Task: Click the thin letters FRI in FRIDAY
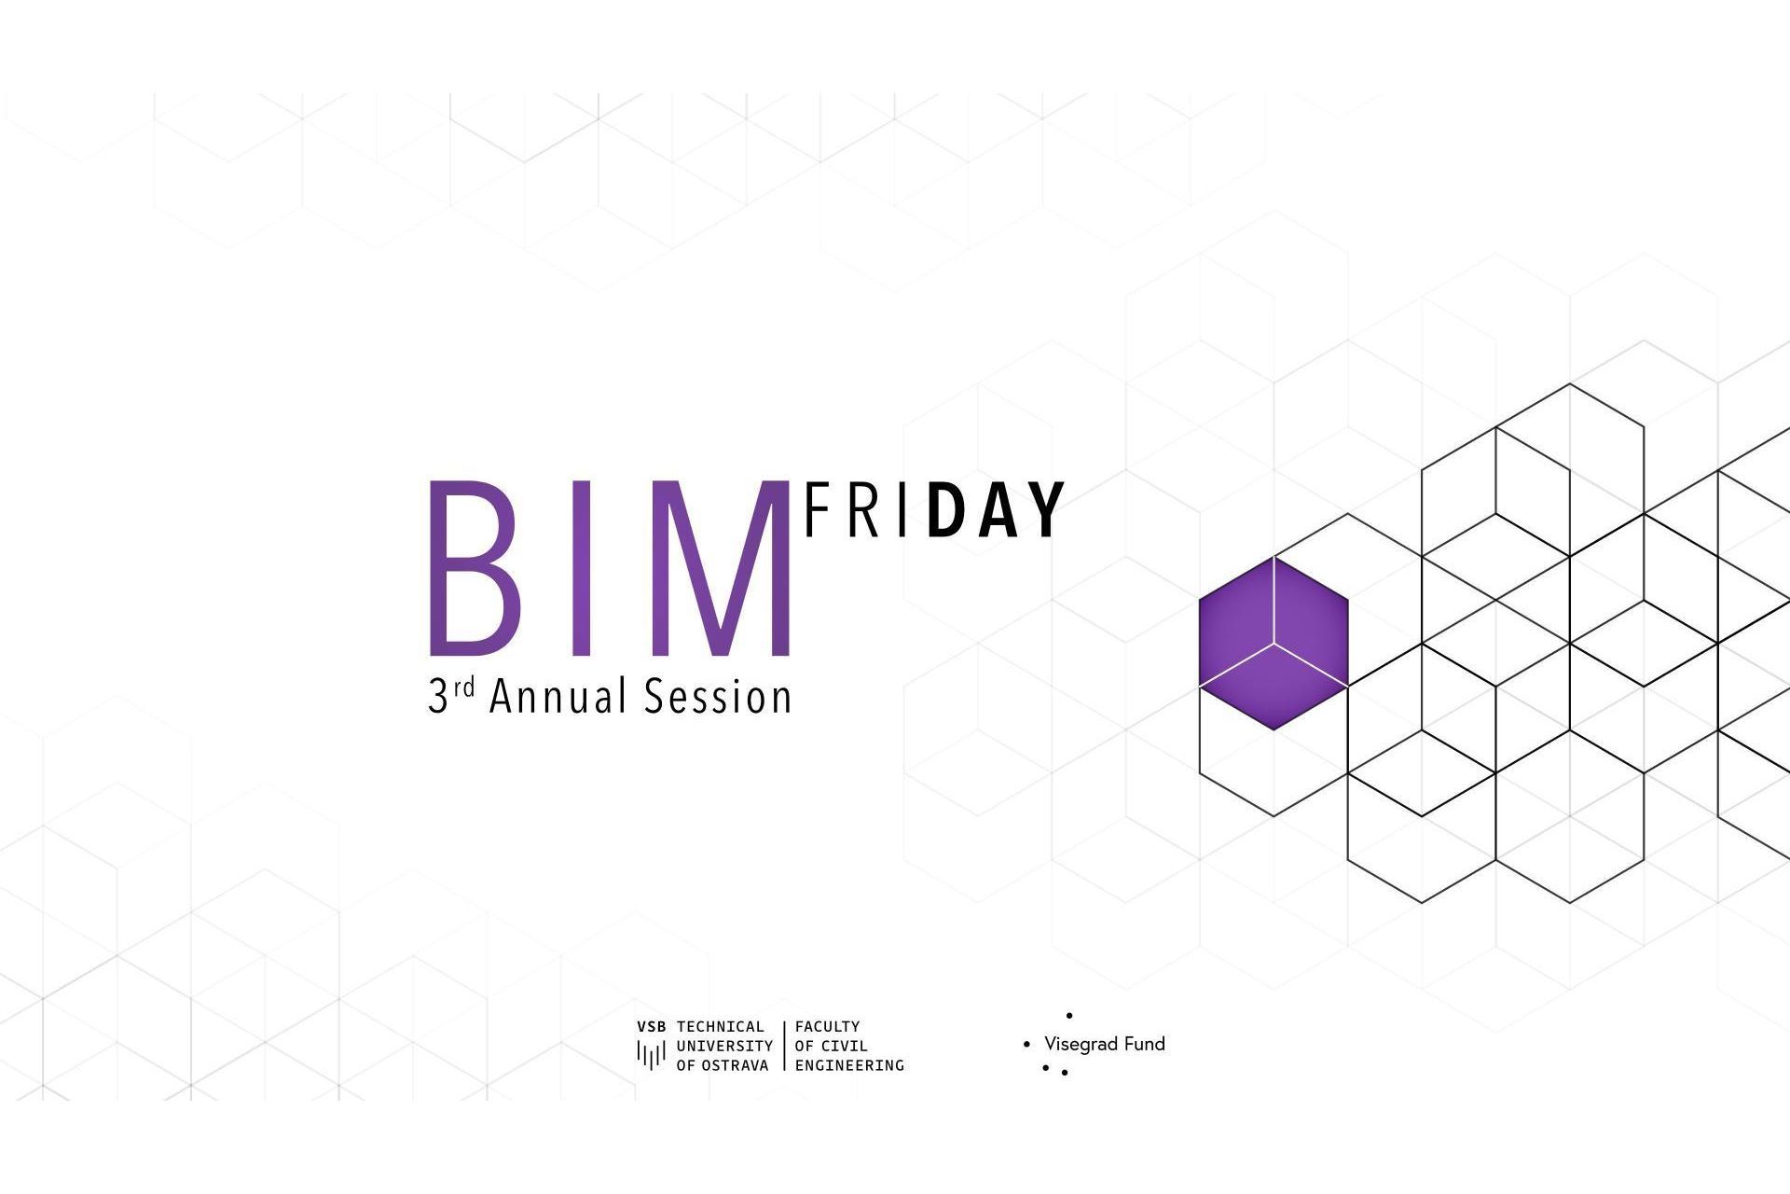[x=855, y=510]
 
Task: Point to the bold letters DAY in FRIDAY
[x=996, y=510]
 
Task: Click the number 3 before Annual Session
[x=438, y=698]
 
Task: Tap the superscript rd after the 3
[x=465, y=687]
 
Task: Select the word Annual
[x=558, y=697]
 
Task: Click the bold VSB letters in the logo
[x=652, y=1027]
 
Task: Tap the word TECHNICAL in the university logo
[x=721, y=1027]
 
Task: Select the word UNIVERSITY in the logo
[x=724, y=1046]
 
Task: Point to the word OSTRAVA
[x=736, y=1065]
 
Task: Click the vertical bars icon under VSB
[x=651, y=1054]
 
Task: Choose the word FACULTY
[x=827, y=1027]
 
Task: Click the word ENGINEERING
[x=849, y=1065]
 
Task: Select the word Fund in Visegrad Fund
[x=1144, y=1044]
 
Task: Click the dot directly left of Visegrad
[x=1027, y=1045]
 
